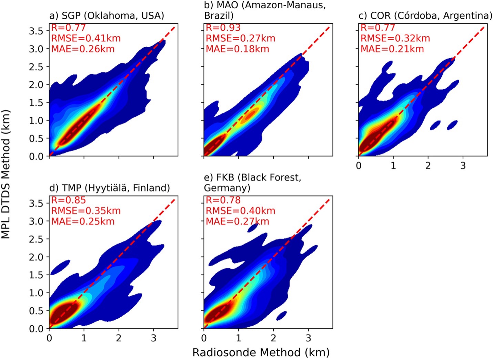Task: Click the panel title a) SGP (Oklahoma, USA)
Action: (x=107, y=16)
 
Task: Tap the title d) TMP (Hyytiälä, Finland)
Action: (x=110, y=188)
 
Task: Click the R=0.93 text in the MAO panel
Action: (x=223, y=28)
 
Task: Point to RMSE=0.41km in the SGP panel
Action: (x=86, y=38)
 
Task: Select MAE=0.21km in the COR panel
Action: (x=392, y=49)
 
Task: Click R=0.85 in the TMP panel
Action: (x=68, y=200)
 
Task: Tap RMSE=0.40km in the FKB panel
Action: (x=240, y=211)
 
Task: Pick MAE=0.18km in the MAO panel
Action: (x=237, y=49)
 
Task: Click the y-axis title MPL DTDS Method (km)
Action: (x=6, y=174)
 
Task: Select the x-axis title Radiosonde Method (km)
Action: (x=261, y=352)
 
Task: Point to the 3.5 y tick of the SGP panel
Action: (x=37, y=31)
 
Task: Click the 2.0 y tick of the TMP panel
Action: (x=37, y=257)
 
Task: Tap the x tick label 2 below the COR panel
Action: (x=428, y=166)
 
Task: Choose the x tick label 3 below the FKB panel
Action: (x=308, y=338)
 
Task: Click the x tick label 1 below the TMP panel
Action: (x=84, y=338)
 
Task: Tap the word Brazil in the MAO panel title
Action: (x=219, y=16)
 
